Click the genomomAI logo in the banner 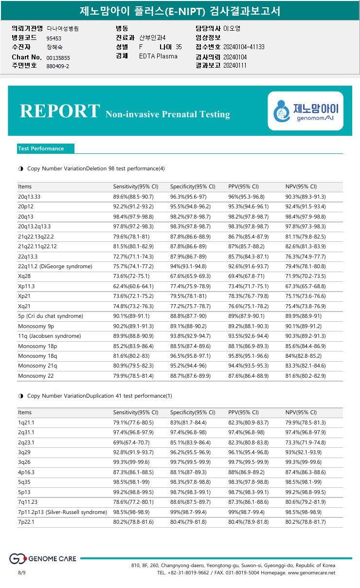coord(306,111)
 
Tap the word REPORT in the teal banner coord(59,111)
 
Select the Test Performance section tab coord(41,148)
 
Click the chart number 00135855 coord(58,58)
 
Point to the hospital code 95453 coord(54,38)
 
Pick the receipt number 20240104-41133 coord(244,47)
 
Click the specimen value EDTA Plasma coord(158,56)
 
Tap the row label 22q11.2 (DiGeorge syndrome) coord(55,266)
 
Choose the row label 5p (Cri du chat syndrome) coord(51,316)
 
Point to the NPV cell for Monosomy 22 coord(305,375)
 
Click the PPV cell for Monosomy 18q coord(248,356)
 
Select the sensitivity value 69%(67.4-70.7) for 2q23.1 coord(131,442)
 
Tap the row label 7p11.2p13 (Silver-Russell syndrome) coord(62,512)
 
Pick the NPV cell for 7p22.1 coord(305,522)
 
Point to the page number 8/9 coord(22,573)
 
